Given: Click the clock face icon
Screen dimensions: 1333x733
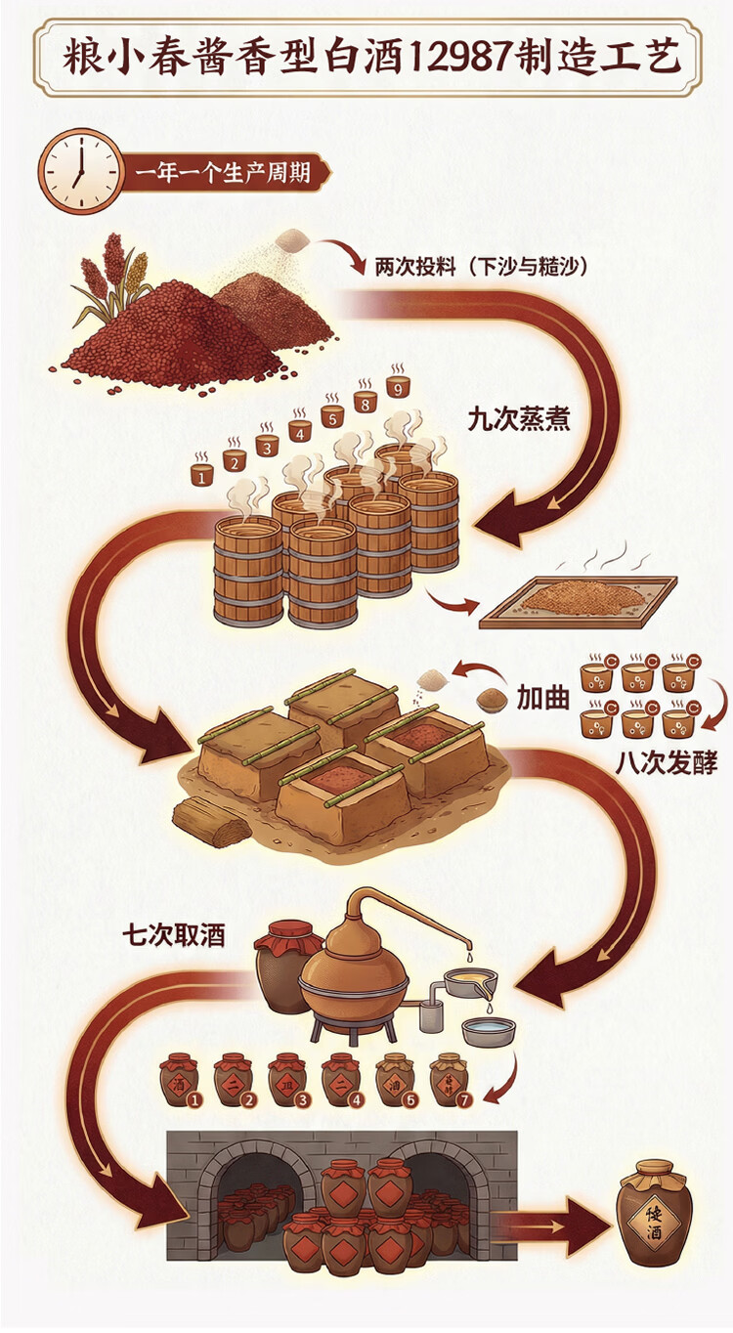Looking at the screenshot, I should [80, 171].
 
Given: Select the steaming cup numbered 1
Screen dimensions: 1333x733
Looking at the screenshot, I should [202, 474].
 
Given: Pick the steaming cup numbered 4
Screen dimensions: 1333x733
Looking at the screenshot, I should [299, 430].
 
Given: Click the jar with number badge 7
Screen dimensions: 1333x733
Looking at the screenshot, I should [449, 1079].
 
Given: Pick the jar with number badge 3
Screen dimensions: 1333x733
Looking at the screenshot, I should [287, 1079].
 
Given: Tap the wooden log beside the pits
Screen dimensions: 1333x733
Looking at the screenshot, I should [211, 819].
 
